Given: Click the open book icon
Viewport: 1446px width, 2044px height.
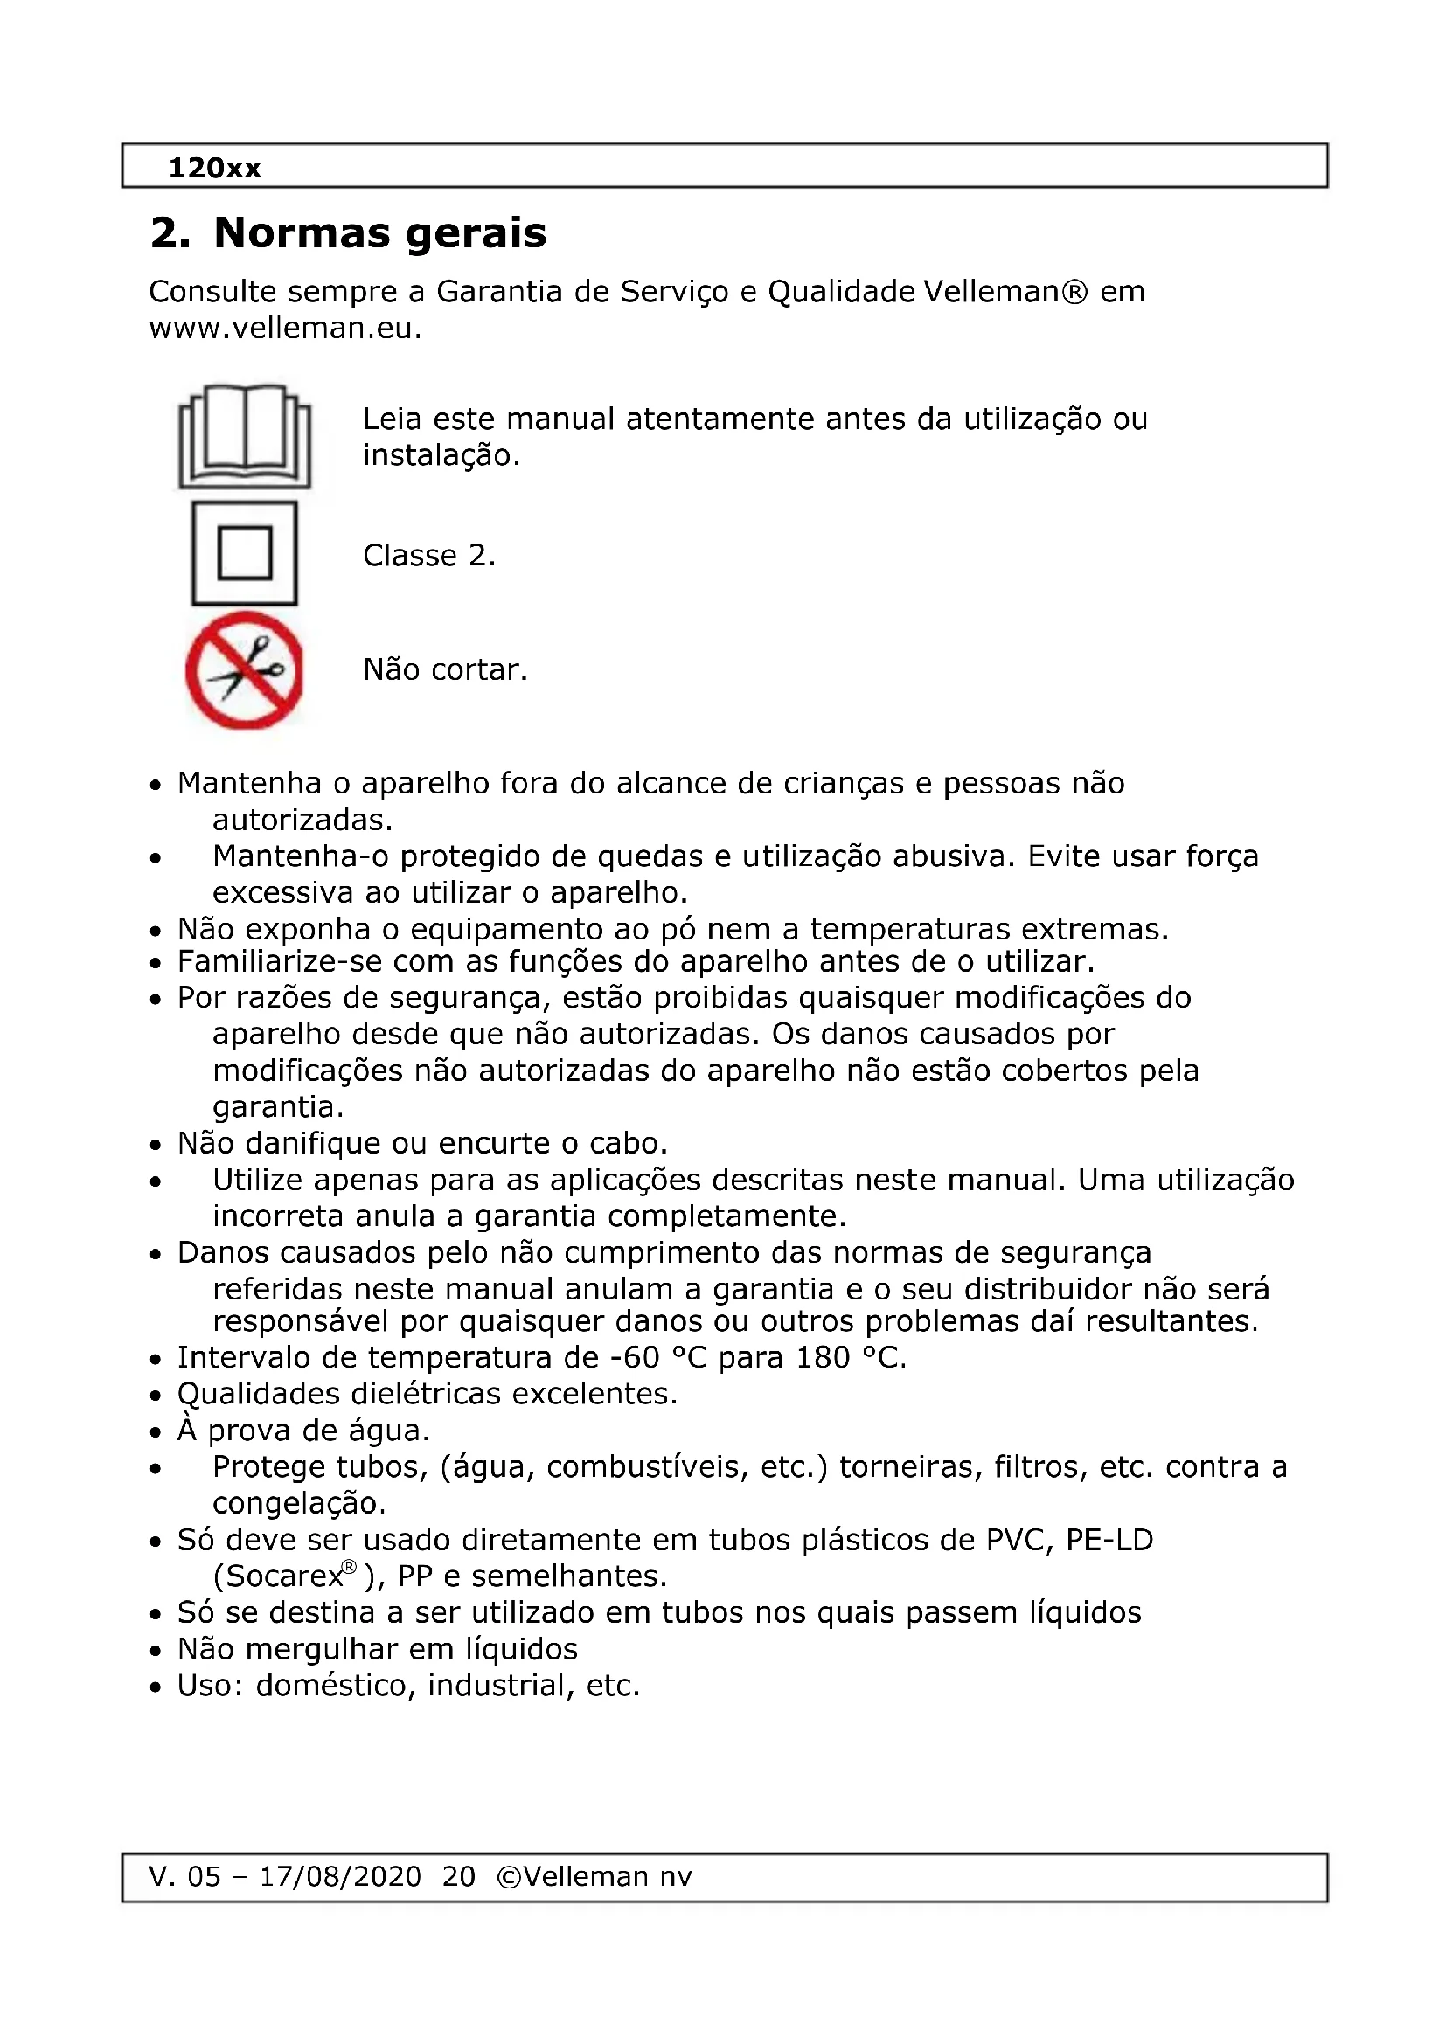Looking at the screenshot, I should click(245, 436).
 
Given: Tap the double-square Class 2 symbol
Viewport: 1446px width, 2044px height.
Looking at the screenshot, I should click(245, 553).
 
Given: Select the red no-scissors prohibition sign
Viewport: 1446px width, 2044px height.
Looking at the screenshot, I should click(245, 670).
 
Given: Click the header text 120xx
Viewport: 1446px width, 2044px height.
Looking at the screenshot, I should click(214, 168).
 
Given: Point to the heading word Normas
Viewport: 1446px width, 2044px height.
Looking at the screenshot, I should click(302, 233).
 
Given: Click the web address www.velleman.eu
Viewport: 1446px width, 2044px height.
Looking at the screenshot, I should click(285, 329).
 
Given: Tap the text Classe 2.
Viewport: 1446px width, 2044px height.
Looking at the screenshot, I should click(429, 556).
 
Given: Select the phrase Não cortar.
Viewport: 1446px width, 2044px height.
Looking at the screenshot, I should click(445, 669).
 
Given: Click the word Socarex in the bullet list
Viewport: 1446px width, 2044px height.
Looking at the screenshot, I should click(280, 1576).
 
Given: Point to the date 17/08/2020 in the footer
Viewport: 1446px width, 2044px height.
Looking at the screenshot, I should click(340, 1876).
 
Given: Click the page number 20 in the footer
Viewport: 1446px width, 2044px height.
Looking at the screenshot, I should click(459, 1876).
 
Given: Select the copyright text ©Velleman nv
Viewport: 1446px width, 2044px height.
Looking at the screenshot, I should click(594, 1876).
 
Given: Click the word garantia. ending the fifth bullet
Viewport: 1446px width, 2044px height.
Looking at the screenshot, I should click(278, 1107).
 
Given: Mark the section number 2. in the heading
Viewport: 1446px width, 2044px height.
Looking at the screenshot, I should click(170, 233).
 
